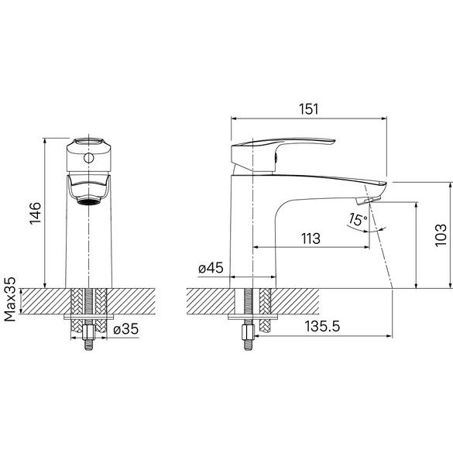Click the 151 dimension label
click(308, 109)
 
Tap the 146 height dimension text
click(36, 213)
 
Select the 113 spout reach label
click(311, 239)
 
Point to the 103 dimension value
click(441, 235)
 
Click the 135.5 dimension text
click(323, 327)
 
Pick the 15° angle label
click(358, 220)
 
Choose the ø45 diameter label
click(211, 268)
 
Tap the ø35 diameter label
click(126, 329)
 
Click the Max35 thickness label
click(10, 300)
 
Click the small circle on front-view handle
click(88, 158)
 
